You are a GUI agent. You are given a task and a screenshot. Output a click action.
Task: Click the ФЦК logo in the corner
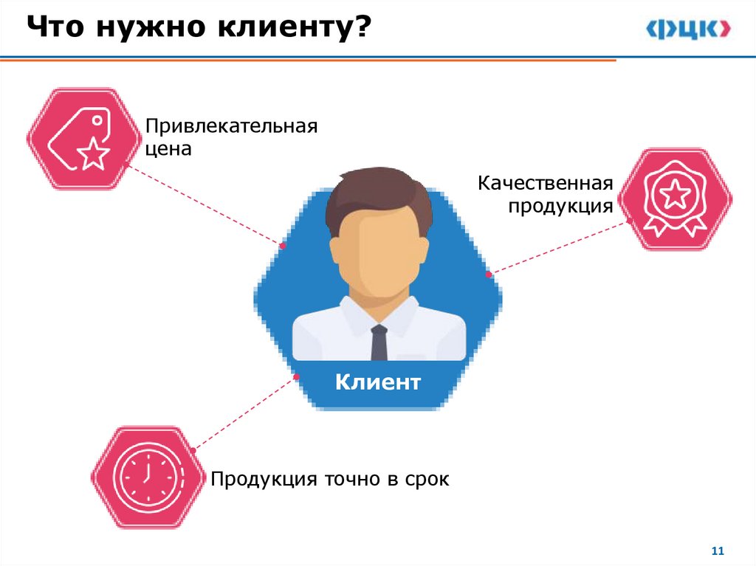pyautogui.click(x=689, y=29)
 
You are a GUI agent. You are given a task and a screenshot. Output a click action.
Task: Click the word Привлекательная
pyautogui.click(x=231, y=125)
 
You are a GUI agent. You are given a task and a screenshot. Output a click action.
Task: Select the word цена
pyautogui.click(x=168, y=149)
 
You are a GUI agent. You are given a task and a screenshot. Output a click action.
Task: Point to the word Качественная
pyautogui.click(x=546, y=182)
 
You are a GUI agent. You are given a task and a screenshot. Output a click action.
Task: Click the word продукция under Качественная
pyautogui.click(x=560, y=206)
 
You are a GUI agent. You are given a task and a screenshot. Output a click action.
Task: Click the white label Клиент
pyautogui.click(x=378, y=382)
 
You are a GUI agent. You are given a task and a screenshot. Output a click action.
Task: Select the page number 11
pyautogui.click(x=718, y=551)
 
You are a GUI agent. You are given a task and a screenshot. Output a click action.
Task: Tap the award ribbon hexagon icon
pyautogui.click(x=675, y=199)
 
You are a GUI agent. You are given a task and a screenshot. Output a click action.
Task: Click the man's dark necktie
pyautogui.click(x=379, y=342)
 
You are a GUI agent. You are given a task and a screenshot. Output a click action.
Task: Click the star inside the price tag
pyautogui.click(x=94, y=153)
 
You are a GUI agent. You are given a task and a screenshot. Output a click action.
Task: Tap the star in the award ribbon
pyautogui.click(x=675, y=195)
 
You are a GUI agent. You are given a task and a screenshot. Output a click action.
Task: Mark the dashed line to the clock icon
pyautogui.click(x=244, y=413)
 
